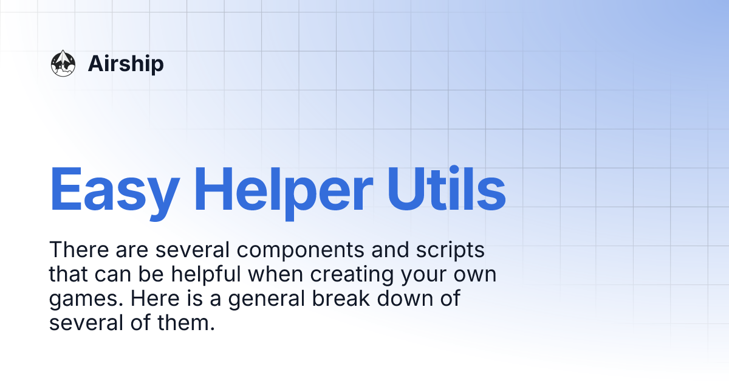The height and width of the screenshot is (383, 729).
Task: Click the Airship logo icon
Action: coord(63,63)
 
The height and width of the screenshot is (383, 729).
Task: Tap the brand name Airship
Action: coord(126,63)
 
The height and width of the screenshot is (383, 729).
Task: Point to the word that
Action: coord(68,275)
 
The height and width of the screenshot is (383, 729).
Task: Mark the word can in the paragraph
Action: coord(112,275)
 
